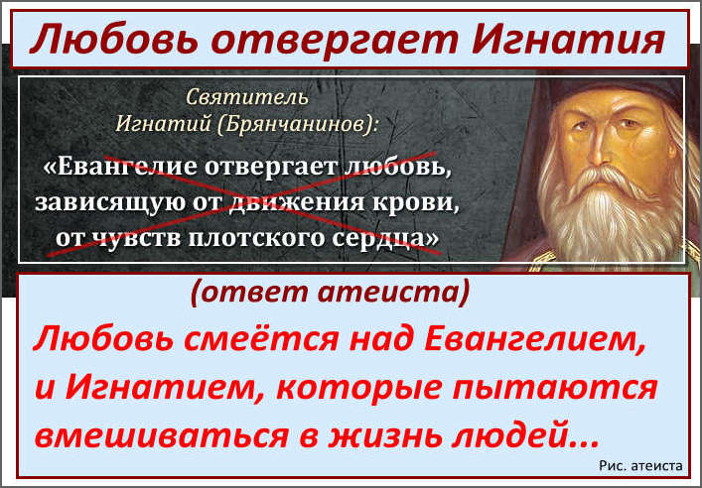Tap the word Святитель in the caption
[x=246, y=97]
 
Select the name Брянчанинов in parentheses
[x=296, y=123]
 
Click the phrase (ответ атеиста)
[x=331, y=293]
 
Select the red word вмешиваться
[x=160, y=436]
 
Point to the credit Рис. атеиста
[x=640, y=465]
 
